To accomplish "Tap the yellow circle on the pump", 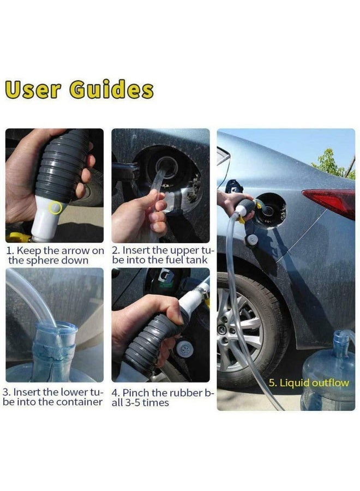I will pos(55,207).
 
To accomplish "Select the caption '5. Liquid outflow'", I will pos(308,382).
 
